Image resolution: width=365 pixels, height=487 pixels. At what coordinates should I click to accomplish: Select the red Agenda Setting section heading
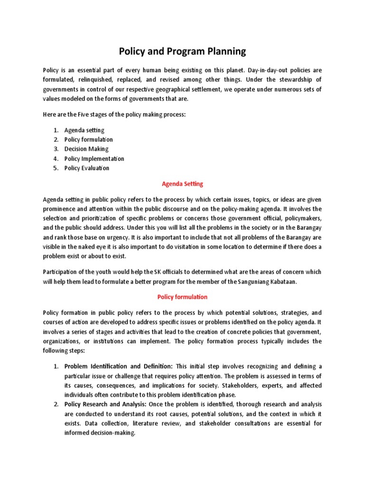[x=182, y=184]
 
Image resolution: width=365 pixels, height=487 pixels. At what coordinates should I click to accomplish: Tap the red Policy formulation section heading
[x=182, y=297]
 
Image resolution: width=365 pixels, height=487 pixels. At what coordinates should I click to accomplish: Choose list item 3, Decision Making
[x=86, y=149]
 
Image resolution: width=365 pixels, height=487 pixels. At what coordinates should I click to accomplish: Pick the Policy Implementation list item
[x=94, y=158]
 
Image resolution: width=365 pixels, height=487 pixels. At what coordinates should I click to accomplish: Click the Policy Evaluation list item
[x=86, y=168]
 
